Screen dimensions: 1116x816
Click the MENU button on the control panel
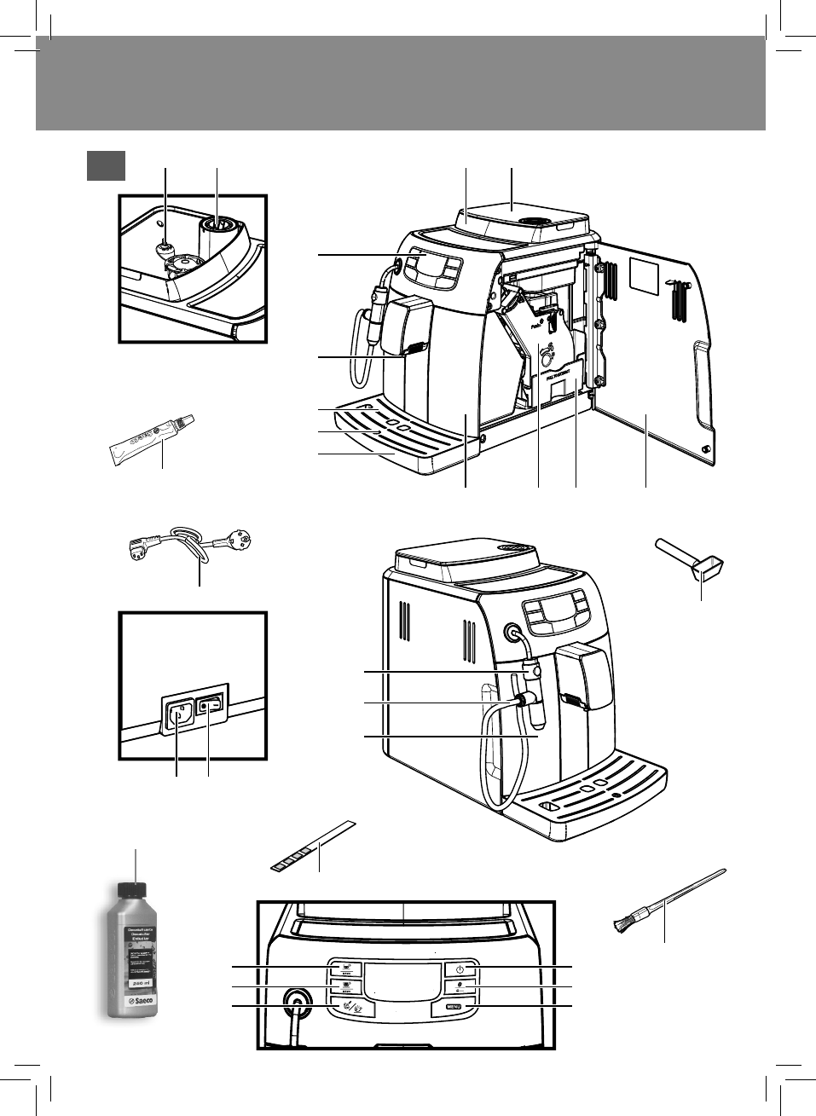(x=453, y=1008)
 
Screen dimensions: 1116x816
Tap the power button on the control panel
(x=459, y=969)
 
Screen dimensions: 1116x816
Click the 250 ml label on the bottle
(x=136, y=983)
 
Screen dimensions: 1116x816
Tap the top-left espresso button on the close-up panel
(x=345, y=969)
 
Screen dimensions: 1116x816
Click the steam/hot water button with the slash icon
(x=345, y=1008)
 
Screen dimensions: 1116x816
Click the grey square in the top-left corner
(x=106, y=165)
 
